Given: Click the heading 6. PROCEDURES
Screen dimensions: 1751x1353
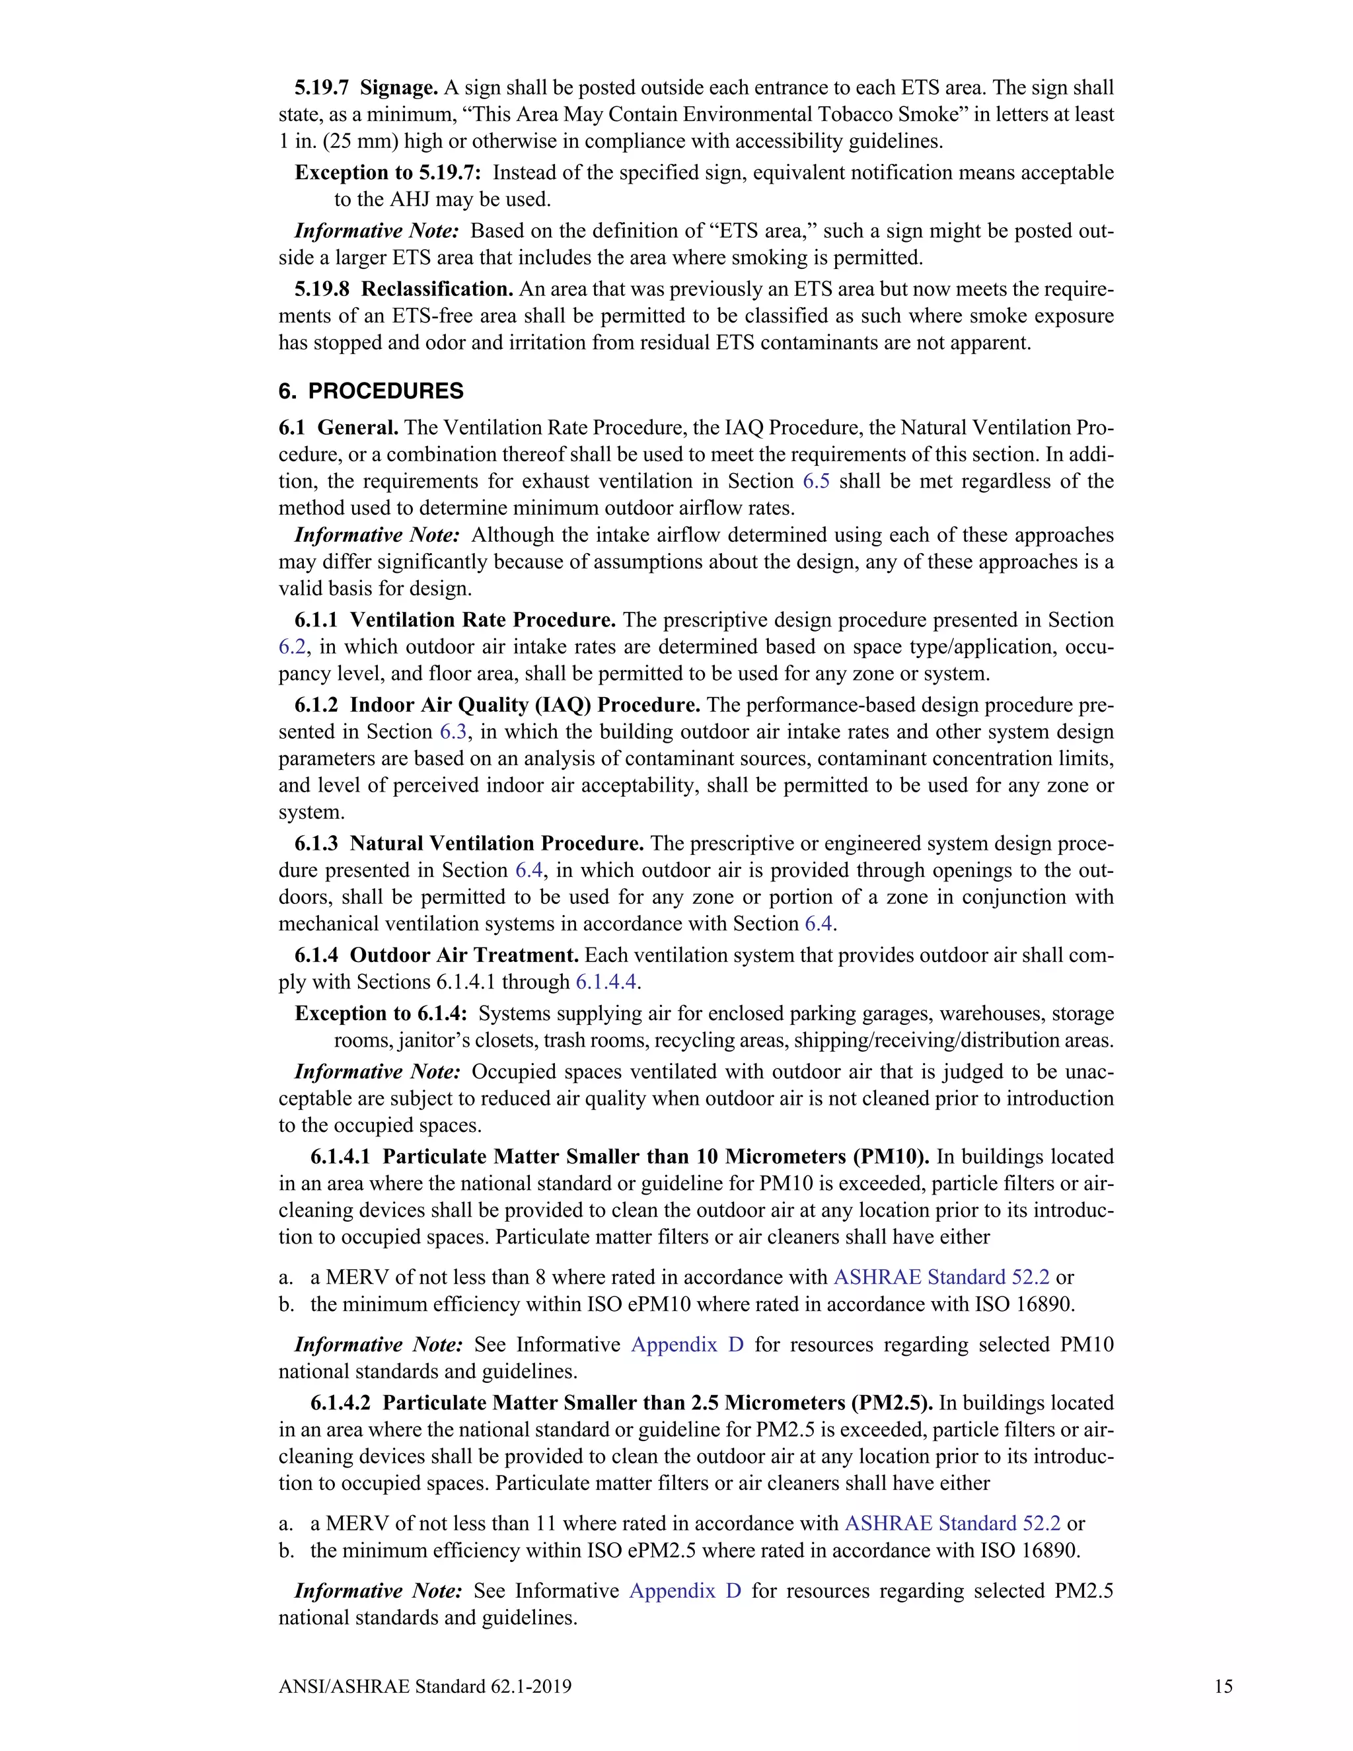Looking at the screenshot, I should [371, 391].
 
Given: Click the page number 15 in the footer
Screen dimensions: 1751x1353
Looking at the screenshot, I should [1223, 1687].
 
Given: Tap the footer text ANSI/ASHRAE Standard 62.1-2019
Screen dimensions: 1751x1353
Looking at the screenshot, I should [425, 1687].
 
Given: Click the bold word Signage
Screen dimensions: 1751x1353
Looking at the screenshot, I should [398, 87].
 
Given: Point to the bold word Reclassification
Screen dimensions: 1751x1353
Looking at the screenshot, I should [437, 289].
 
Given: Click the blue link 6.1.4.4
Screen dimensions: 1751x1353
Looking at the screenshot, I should [606, 982].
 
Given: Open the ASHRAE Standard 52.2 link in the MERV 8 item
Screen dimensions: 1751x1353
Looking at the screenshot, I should [941, 1277].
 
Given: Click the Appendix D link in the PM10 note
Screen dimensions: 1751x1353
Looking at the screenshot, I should [687, 1345].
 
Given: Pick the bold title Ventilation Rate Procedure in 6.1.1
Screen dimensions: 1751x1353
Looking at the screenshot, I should [482, 620].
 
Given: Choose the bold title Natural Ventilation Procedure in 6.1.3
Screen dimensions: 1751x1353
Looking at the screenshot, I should [497, 843].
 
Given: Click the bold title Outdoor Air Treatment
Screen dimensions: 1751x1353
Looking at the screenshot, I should [464, 955].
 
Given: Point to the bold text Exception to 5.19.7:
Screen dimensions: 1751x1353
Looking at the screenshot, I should [388, 172].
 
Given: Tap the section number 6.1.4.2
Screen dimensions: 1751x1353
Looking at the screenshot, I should [341, 1403].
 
